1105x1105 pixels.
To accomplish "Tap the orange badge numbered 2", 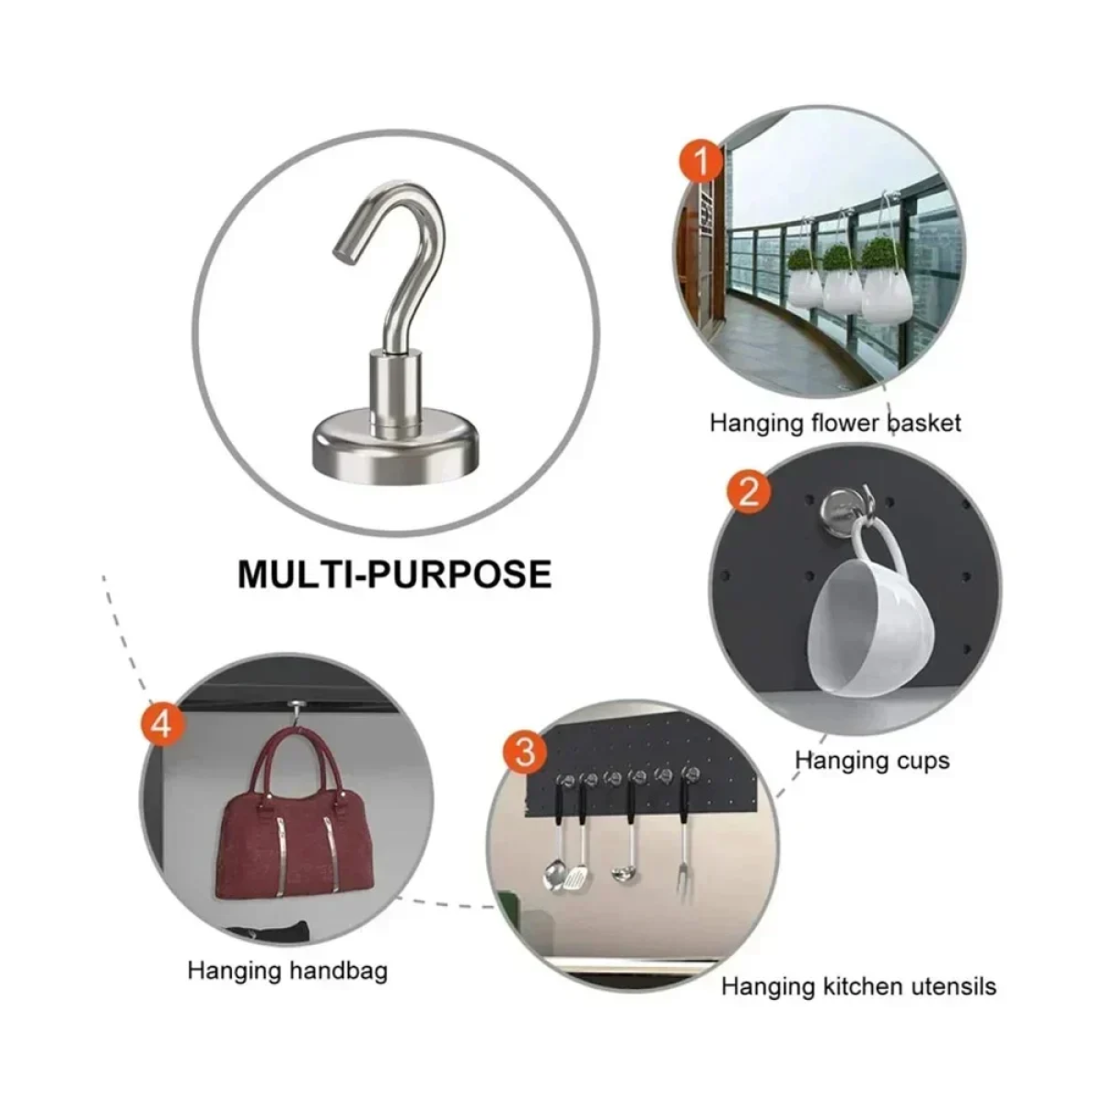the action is (x=749, y=492).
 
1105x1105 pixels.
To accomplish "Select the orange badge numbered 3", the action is (x=525, y=751).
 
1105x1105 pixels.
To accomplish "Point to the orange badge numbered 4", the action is (x=162, y=725).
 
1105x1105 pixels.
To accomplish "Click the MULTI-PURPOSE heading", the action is (x=394, y=574).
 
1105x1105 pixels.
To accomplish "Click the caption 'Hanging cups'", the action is (x=872, y=761).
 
